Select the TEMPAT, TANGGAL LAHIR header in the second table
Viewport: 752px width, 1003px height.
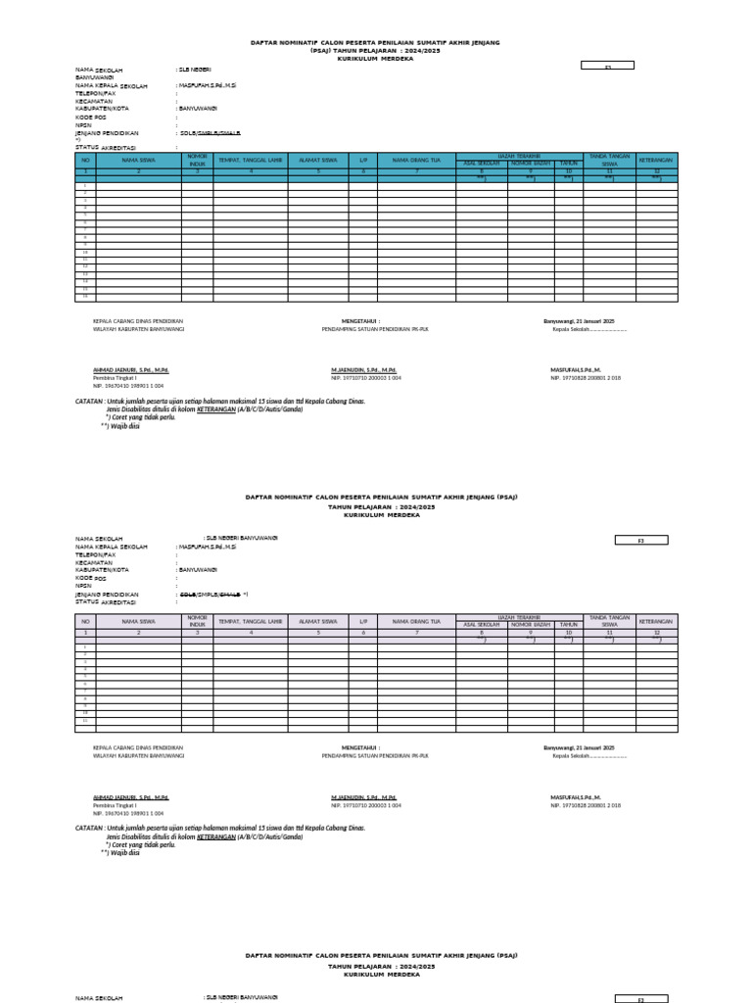tap(251, 621)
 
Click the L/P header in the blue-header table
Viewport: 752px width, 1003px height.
tap(363, 160)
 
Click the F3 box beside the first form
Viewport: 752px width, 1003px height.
tap(607, 66)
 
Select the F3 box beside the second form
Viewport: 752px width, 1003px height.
tap(640, 540)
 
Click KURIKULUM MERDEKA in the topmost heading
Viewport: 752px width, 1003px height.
tap(376, 59)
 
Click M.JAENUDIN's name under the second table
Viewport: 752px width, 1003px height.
tap(363, 797)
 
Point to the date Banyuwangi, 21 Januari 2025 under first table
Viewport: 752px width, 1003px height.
tap(579, 321)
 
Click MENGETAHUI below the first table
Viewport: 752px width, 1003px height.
tap(361, 321)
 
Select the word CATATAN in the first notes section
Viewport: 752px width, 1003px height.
tap(89, 401)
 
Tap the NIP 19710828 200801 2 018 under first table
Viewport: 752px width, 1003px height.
tap(586, 377)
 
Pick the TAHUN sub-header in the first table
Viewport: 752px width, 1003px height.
tap(569, 163)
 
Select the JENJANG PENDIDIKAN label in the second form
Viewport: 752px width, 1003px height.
tap(108, 594)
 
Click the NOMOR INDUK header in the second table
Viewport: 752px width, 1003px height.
tap(197, 621)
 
